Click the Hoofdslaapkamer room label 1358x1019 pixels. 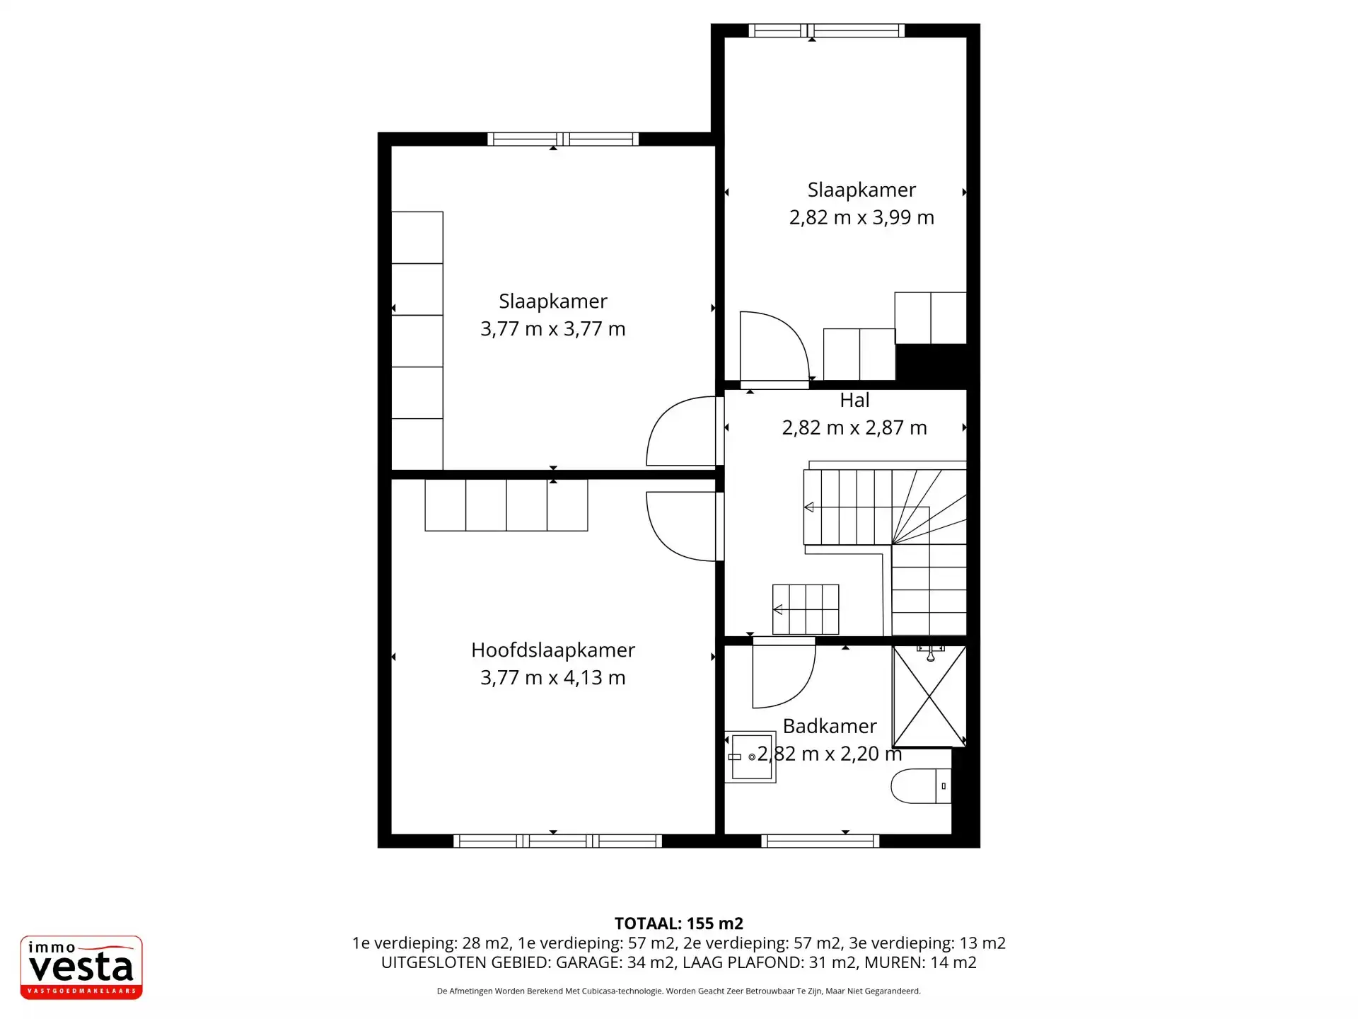[x=553, y=650]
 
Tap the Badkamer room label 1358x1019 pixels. [x=830, y=726]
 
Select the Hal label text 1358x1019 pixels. [x=854, y=401]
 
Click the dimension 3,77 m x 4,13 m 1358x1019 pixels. [x=553, y=678]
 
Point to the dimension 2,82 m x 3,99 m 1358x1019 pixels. [x=861, y=217]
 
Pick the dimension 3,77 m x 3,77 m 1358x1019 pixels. [x=553, y=329]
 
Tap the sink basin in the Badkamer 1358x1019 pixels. [x=750, y=756]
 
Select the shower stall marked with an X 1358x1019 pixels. [x=929, y=696]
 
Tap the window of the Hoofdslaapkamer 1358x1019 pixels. [x=557, y=841]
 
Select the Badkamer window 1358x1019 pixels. [x=820, y=841]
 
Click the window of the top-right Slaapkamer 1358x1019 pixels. [x=827, y=30]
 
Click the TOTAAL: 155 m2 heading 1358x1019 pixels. [x=679, y=923]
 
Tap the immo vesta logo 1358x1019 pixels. [x=81, y=967]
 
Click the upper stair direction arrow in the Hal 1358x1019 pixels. [x=809, y=507]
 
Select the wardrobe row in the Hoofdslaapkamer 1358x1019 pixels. [x=506, y=505]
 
